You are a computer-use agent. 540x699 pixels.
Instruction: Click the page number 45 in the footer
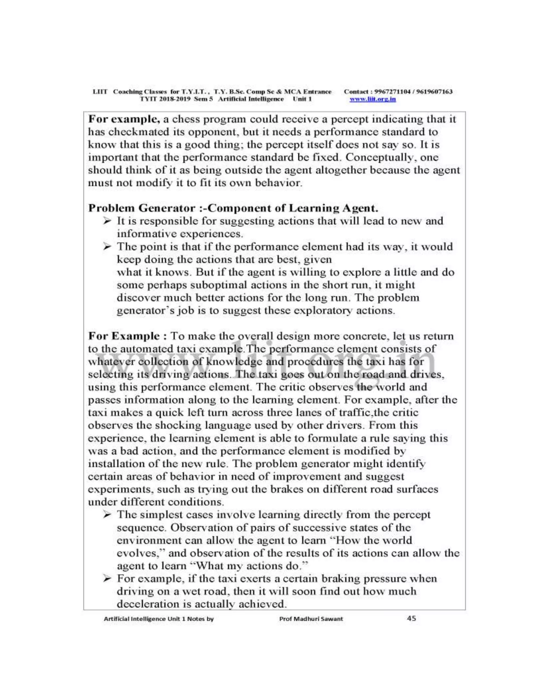pos(411,618)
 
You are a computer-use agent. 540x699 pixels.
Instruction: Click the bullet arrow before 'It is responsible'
pos(108,221)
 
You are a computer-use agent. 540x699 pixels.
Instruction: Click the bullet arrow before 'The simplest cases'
pos(108,515)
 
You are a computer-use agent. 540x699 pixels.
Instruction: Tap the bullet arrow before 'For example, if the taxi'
pos(108,578)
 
